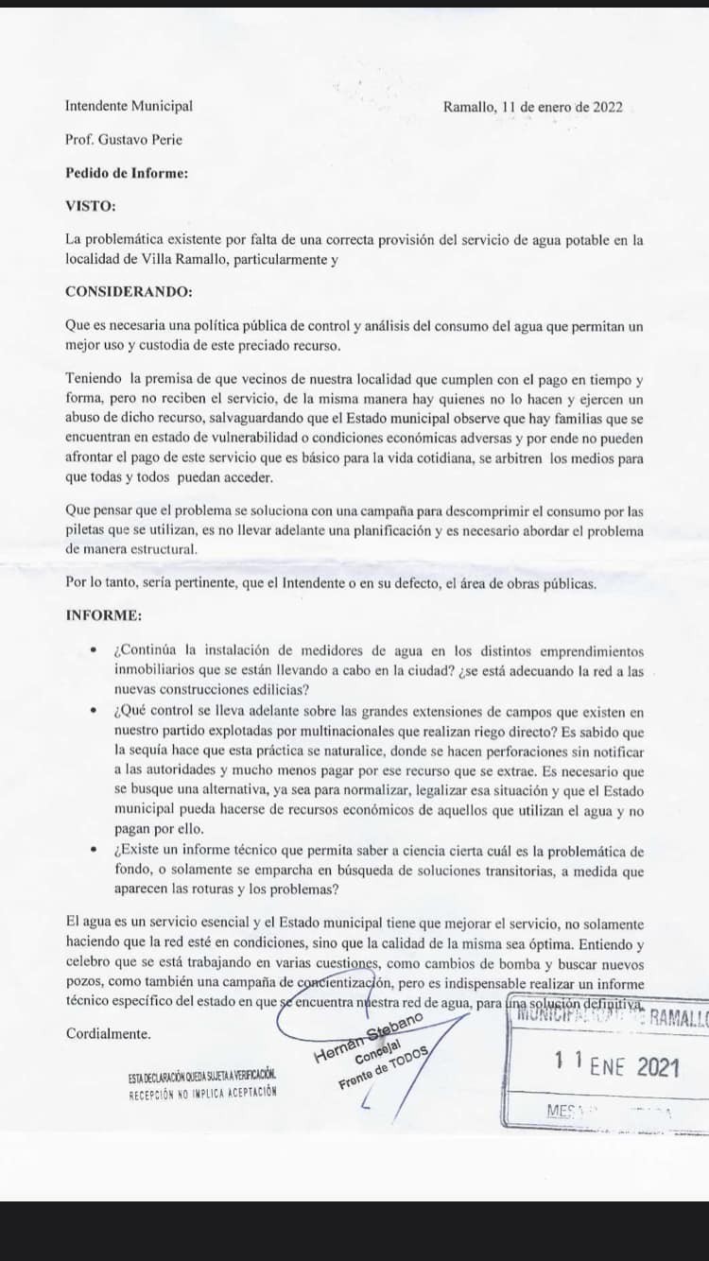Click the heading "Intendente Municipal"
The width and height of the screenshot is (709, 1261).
click(x=129, y=107)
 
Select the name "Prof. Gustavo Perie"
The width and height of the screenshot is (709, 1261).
click(x=124, y=140)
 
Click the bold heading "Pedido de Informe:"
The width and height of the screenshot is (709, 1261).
click(x=127, y=173)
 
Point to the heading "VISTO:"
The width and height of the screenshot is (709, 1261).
click(x=91, y=206)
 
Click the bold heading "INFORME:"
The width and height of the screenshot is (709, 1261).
click(x=104, y=616)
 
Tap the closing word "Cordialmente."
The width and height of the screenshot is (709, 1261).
click(x=109, y=1034)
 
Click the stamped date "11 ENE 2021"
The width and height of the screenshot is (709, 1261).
click(x=616, y=1065)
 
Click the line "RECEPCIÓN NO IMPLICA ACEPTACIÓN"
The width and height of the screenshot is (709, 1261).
click(x=203, y=1092)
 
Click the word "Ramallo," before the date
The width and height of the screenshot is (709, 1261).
click(x=470, y=107)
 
